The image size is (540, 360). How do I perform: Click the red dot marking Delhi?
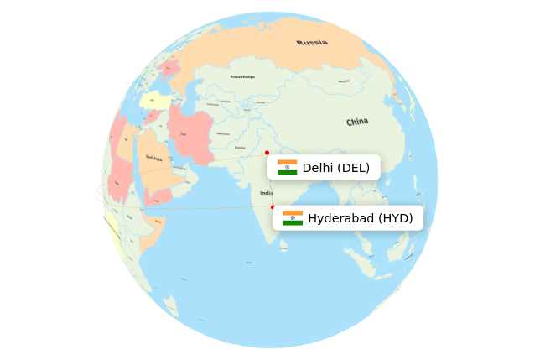click(267, 153)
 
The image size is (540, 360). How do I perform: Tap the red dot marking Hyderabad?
click(273, 207)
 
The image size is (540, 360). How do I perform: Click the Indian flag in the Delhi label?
click(287, 167)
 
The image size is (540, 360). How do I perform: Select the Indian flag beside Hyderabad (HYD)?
click(292, 218)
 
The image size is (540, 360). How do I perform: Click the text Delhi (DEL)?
click(335, 168)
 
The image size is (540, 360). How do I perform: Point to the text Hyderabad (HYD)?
click(360, 218)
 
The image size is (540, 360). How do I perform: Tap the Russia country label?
click(312, 42)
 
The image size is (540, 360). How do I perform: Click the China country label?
click(357, 122)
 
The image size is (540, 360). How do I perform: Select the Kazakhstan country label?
click(243, 77)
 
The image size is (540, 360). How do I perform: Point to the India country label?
click(267, 192)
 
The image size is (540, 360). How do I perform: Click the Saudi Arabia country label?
click(154, 158)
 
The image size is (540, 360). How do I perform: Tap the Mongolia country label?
click(345, 81)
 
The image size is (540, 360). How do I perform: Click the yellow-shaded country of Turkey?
click(154, 102)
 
